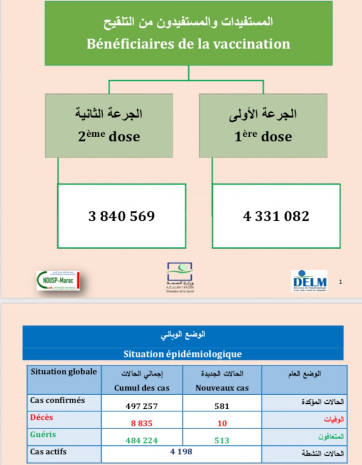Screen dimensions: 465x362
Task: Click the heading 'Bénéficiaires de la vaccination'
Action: coord(188,44)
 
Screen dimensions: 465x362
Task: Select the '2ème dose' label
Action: coord(109,137)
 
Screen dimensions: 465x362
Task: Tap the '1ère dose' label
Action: coord(263,137)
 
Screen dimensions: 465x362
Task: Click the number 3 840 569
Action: coord(122,216)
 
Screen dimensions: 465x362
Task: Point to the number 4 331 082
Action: coord(276,216)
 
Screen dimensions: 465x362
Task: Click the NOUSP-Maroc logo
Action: coord(58,280)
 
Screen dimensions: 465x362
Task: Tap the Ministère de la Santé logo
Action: coord(180,277)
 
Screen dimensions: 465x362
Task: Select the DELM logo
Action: coord(309,281)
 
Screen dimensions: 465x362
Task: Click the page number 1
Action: coord(341,282)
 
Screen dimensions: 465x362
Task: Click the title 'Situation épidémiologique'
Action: coord(182,354)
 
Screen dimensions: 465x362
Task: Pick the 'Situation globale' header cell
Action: coord(64,372)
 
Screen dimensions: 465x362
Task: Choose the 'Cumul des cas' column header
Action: coord(141,388)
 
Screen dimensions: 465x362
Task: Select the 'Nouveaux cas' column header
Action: coord(222,388)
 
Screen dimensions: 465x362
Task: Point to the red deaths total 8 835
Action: coord(141,423)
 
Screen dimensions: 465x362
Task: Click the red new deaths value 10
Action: coord(222,423)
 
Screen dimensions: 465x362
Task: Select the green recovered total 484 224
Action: coord(141,440)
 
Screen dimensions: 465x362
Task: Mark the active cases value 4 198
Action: coord(181,452)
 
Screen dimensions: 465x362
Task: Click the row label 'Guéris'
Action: coord(43,434)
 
